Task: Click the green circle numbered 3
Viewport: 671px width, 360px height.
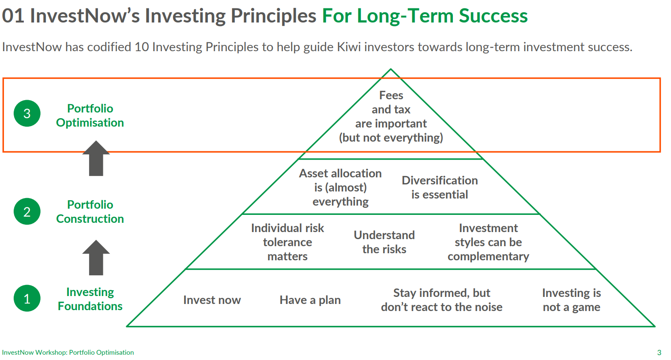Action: pyautogui.click(x=27, y=113)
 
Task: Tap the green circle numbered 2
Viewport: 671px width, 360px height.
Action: pyautogui.click(x=27, y=212)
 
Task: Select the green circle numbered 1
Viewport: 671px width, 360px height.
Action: pyautogui.click(x=27, y=298)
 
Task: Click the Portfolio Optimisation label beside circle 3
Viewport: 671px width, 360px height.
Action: pyautogui.click(x=90, y=116)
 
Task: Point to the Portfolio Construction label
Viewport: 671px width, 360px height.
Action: pyautogui.click(x=90, y=212)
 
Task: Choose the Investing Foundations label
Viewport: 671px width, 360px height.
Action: pyautogui.click(x=90, y=299)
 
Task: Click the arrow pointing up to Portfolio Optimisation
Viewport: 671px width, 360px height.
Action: pyautogui.click(x=96, y=158)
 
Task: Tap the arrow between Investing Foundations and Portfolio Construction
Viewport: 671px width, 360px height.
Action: pyautogui.click(x=96, y=258)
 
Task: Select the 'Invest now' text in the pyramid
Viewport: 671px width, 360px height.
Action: pyautogui.click(x=212, y=300)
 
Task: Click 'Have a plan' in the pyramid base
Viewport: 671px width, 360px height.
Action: pyautogui.click(x=310, y=300)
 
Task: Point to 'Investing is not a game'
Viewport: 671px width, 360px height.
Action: pyautogui.click(x=572, y=300)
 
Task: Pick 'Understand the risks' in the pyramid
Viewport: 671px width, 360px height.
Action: pyautogui.click(x=385, y=242)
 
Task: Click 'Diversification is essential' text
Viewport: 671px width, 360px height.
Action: pyautogui.click(x=440, y=187)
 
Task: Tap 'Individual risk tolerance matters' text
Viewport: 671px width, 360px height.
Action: pyautogui.click(x=287, y=242)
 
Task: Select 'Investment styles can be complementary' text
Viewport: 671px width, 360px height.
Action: pyautogui.click(x=488, y=242)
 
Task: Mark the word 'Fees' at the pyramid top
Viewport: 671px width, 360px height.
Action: pyautogui.click(x=391, y=95)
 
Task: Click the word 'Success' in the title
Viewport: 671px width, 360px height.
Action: pyautogui.click(x=494, y=15)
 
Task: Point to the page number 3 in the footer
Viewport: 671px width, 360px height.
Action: pyautogui.click(x=659, y=352)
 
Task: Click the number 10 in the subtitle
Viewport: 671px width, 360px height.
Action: pyautogui.click(x=142, y=47)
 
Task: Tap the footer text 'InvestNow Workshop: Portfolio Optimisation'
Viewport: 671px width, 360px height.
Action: pyautogui.click(x=68, y=352)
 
